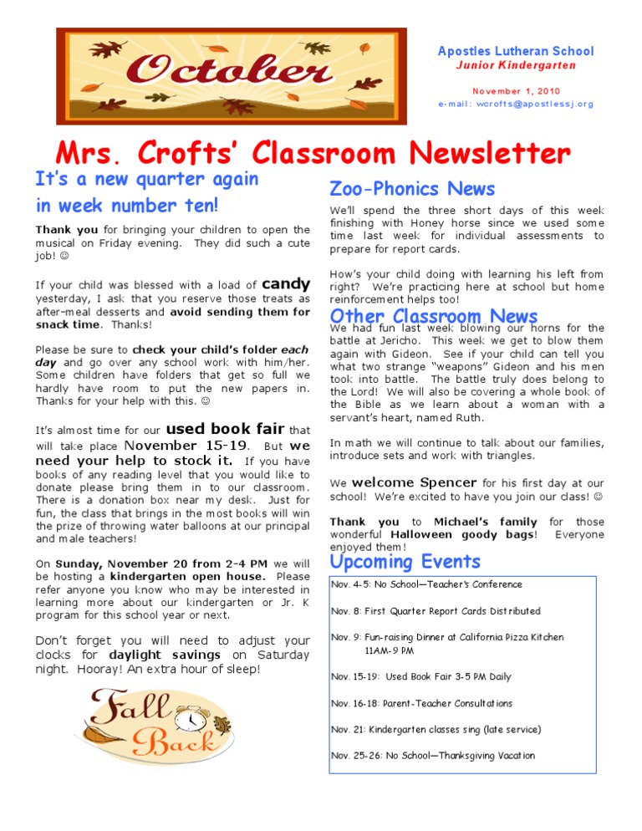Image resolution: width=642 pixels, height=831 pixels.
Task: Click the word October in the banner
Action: [229, 73]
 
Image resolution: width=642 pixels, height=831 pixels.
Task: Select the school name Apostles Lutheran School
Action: [515, 51]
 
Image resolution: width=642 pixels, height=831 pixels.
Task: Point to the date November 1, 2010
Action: [516, 90]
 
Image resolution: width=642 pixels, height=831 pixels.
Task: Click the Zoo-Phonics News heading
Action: [412, 189]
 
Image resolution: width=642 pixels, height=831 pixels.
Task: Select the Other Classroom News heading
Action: [434, 316]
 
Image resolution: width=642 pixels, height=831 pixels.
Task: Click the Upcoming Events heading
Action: [405, 561]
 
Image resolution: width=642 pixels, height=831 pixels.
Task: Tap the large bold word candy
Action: [286, 284]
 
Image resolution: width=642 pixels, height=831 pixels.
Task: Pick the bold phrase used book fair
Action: [231, 430]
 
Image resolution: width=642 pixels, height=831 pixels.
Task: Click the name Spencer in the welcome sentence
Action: [448, 482]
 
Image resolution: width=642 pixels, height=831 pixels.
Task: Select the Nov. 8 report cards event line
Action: [436, 611]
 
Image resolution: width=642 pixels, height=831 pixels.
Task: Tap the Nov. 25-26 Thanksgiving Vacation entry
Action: [432, 755]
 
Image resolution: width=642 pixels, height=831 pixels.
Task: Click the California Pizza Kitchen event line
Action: [447, 637]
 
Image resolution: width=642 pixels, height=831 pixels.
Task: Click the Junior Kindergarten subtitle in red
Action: [515, 65]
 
